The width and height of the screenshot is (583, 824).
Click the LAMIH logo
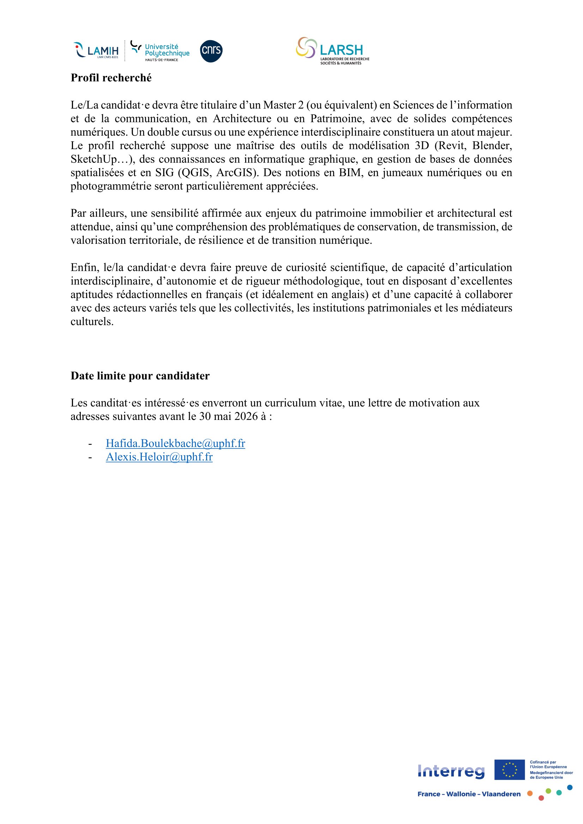[96, 50]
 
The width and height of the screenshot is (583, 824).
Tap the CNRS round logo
[211, 51]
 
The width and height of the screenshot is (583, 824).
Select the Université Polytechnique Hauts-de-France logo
[160, 51]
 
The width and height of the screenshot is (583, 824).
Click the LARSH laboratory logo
[333, 51]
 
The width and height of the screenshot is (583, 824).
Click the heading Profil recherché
[111, 78]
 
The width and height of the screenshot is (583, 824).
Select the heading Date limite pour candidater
[140, 376]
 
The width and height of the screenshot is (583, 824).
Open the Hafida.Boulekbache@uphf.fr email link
[175, 443]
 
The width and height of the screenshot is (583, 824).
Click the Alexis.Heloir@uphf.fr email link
[159, 457]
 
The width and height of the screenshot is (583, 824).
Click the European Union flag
[509, 770]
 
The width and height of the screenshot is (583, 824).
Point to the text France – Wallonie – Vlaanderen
[469, 794]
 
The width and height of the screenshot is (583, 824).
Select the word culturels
[92, 322]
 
